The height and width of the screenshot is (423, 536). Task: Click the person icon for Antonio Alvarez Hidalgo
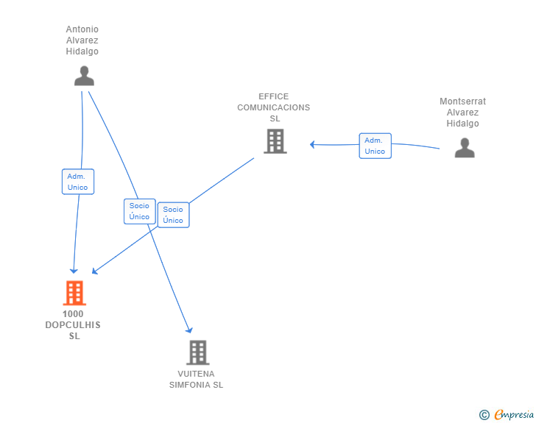point(85,76)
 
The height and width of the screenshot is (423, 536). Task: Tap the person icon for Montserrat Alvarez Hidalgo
point(464,148)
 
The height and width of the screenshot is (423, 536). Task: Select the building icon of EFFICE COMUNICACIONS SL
point(275,141)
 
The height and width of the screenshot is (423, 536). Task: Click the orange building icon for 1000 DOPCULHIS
point(74,293)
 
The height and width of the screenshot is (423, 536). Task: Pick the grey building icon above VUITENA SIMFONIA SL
point(197,352)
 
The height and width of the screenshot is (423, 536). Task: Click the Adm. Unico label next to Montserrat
point(375,146)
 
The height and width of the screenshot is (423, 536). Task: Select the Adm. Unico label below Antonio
point(77,182)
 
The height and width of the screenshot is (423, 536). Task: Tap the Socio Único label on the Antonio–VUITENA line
point(139,211)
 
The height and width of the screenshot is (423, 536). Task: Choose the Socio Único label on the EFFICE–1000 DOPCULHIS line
point(173,215)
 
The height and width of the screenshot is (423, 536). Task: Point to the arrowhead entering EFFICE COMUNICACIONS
point(313,144)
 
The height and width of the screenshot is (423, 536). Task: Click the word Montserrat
point(462,102)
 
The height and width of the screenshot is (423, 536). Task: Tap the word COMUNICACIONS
point(273,107)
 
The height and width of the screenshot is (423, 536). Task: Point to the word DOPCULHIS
point(73,325)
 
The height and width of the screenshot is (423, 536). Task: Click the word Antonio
point(82,29)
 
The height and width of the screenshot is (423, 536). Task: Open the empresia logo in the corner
point(514,414)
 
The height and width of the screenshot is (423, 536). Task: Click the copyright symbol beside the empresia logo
point(484,415)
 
